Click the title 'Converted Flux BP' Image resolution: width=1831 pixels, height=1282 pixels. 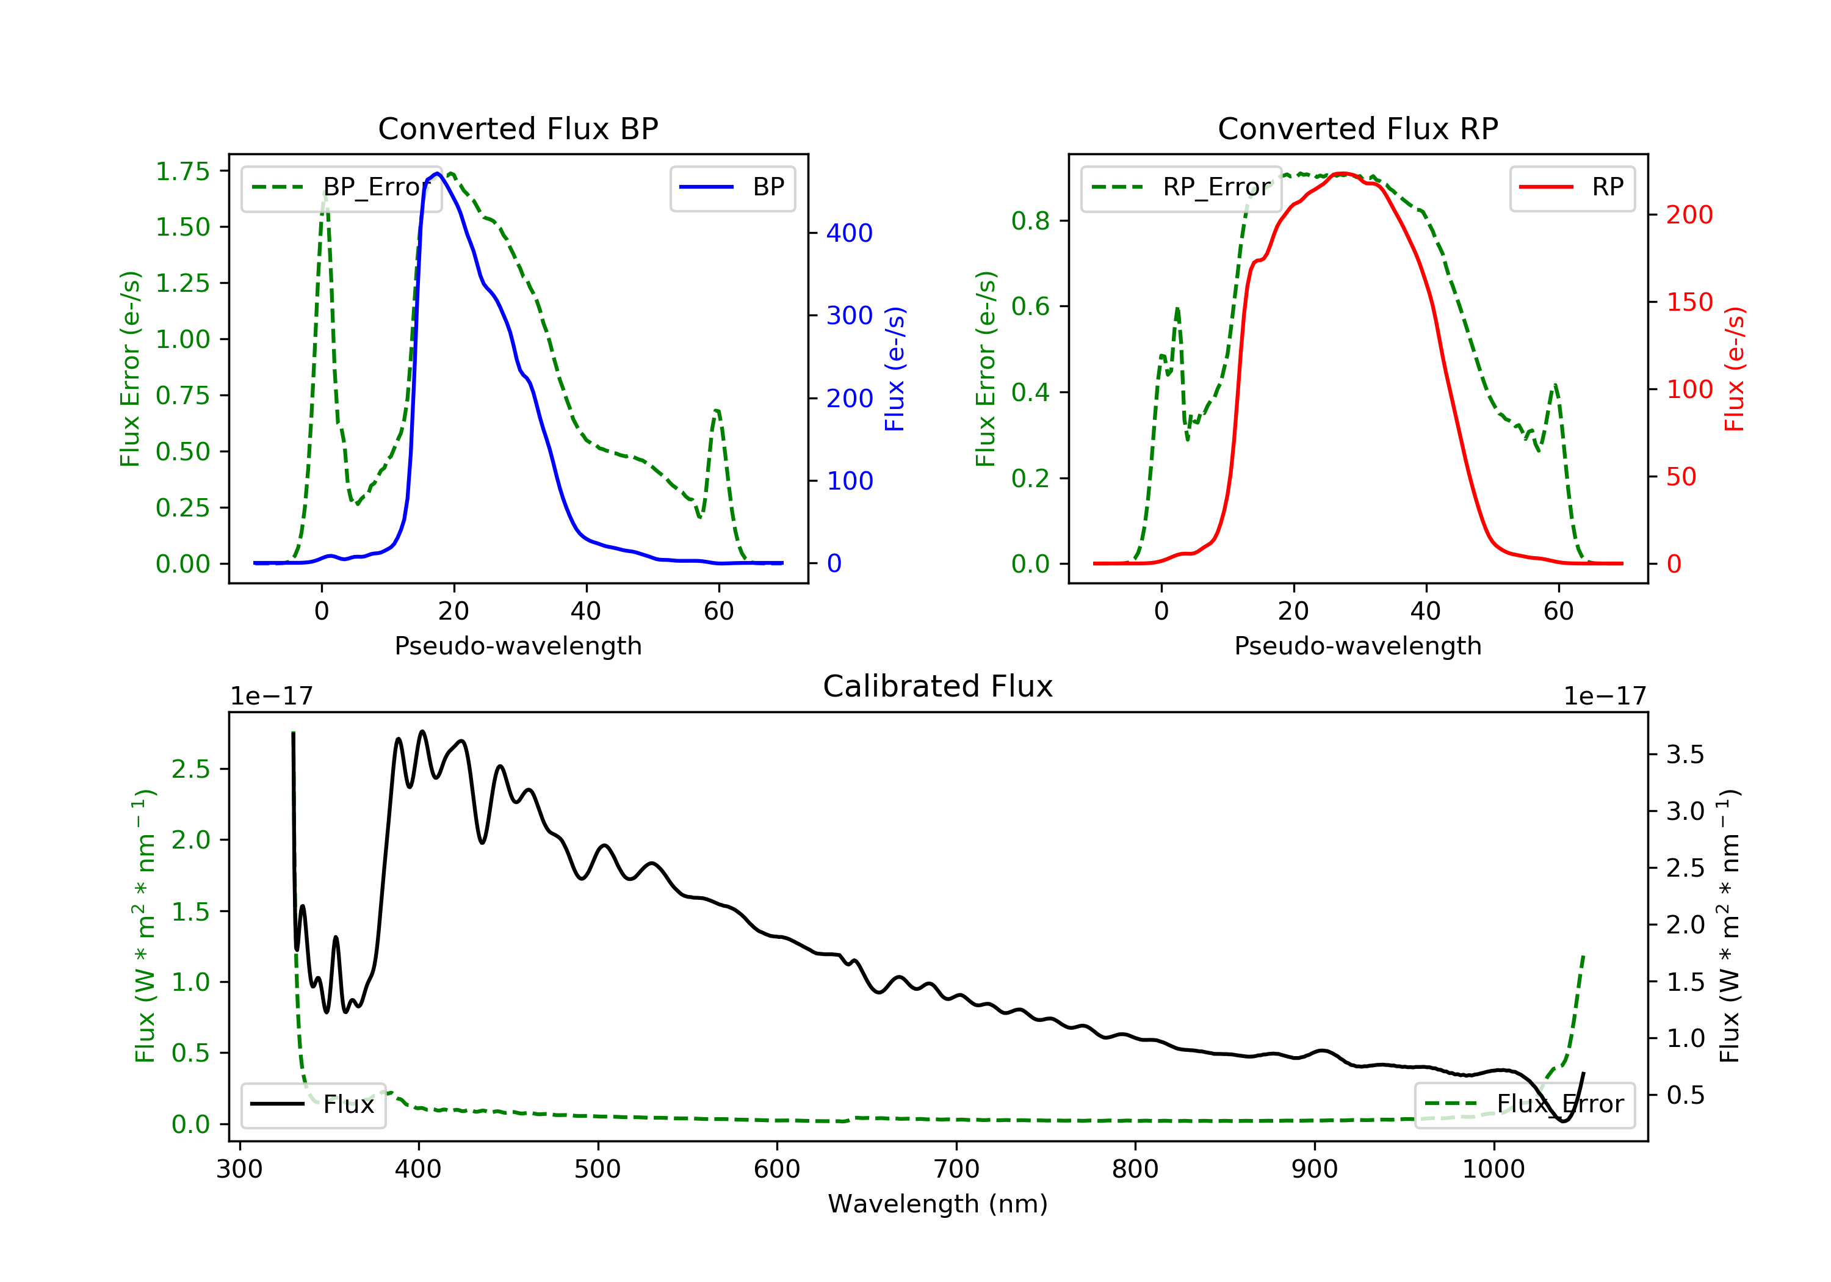pyautogui.click(x=518, y=128)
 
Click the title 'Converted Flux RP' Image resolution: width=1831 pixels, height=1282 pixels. pyautogui.click(x=1357, y=128)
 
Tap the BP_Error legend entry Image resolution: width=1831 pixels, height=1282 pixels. pyautogui.click(x=341, y=187)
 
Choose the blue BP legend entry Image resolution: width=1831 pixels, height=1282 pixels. pyautogui.click(x=732, y=187)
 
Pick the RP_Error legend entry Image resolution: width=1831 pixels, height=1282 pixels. pyautogui.click(x=1181, y=187)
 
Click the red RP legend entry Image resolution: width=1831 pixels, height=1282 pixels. pyautogui.click(x=1572, y=187)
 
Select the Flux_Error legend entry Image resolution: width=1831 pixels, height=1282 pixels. pyautogui.click(x=1524, y=1104)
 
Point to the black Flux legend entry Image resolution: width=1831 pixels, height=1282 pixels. pyautogui.click(x=312, y=1104)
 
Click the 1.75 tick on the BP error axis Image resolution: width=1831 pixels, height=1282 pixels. pyautogui.click(x=182, y=172)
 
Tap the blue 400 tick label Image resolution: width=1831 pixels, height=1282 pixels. pyautogui.click(x=850, y=233)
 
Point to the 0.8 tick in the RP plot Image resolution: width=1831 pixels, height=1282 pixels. pyautogui.click(x=1030, y=221)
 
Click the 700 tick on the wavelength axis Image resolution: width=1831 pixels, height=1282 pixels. pyautogui.click(x=956, y=1170)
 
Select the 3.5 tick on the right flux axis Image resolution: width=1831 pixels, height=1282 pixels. pyautogui.click(x=1685, y=755)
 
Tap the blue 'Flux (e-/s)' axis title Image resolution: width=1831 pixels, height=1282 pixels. pyautogui.click(x=895, y=369)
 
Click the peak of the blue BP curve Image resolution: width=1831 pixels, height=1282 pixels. pyautogui.click(x=438, y=173)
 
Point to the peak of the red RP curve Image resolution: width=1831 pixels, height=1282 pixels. pyautogui.click(x=1344, y=173)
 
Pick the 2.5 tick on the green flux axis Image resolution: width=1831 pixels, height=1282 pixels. pyautogui.click(x=190, y=769)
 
